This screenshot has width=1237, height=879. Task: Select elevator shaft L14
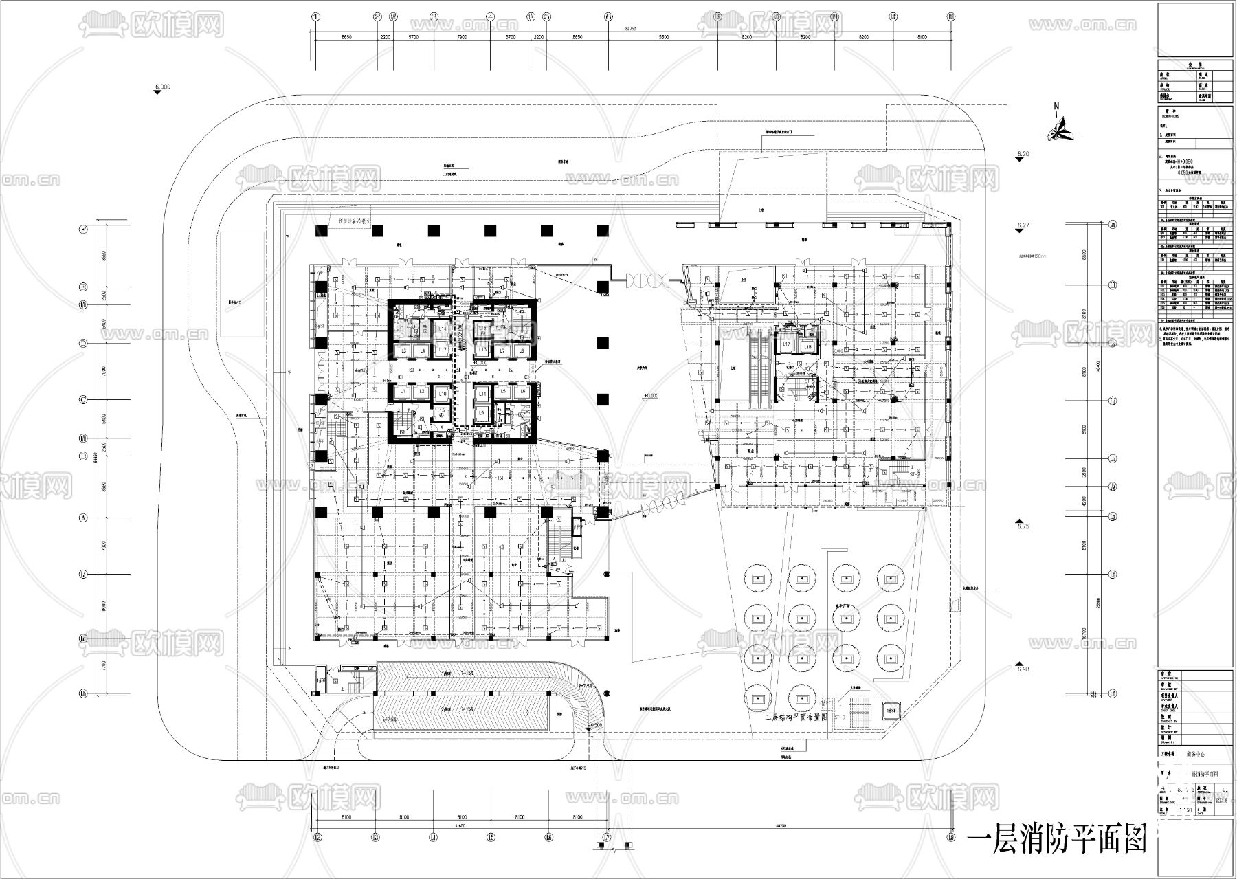point(442,330)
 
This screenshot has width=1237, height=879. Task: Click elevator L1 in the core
point(403,392)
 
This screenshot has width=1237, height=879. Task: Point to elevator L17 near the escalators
point(786,343)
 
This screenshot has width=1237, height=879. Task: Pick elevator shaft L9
point(482,413)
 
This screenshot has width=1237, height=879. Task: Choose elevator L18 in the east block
point(808,348)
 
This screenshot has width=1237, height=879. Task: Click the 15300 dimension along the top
point(662,38)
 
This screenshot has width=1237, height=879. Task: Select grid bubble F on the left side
point(83,230)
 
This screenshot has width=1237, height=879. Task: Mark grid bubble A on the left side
point(83,519)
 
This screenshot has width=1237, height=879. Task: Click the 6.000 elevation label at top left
point(162,87)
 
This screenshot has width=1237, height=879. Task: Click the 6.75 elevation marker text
point(1023,526)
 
